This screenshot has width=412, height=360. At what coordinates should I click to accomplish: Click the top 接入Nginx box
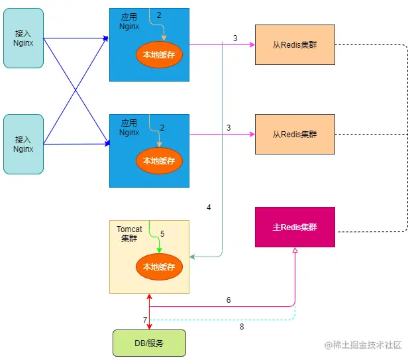(23, 38)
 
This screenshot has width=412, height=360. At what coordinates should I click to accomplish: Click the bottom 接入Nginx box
(23, 144)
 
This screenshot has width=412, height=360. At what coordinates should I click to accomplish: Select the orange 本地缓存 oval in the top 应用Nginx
(159, 54)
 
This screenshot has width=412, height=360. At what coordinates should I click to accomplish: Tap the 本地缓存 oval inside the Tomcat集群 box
(159, 267)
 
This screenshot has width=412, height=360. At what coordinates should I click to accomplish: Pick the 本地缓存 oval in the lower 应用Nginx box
(159, 160)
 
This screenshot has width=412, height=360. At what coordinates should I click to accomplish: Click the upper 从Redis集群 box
(295, 44)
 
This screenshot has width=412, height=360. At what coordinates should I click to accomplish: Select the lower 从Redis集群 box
(295, 134)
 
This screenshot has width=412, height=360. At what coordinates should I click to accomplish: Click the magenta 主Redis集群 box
(295, 227)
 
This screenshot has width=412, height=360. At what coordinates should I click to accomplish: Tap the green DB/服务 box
(150, 343)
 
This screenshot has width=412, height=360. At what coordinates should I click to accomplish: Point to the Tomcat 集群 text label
(129, 234)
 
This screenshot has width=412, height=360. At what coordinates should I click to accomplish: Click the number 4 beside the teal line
(209, 208)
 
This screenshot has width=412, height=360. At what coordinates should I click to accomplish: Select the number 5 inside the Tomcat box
(162, 234)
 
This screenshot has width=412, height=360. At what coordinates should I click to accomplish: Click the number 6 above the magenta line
(229, 300)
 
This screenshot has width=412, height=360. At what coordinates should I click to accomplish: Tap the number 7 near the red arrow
(145, 320)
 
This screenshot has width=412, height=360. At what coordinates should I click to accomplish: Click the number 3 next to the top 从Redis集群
(235, 38)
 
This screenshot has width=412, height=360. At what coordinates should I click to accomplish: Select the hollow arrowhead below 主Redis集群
(295, 252)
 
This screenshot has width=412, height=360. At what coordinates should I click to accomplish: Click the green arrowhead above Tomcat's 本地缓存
(159, 249)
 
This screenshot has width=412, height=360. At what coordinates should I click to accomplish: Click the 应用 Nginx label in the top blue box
(130, 21)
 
